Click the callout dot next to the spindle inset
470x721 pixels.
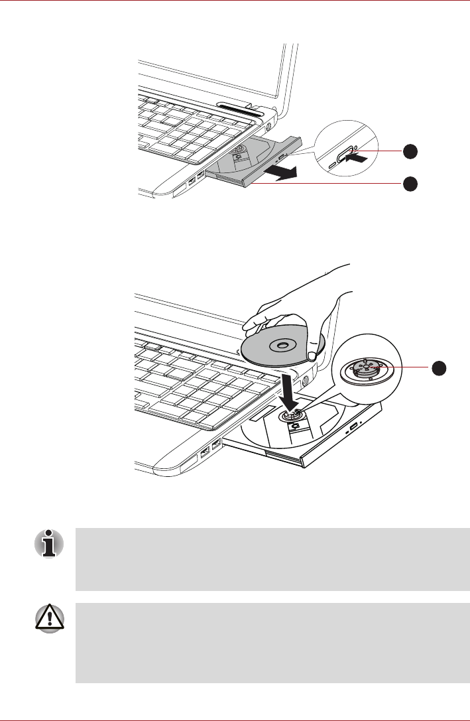(440, 367)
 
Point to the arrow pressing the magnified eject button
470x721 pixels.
(357, 159)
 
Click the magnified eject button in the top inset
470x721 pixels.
(344, 158)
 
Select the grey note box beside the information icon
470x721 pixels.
(272, 559)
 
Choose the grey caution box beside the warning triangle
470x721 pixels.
(272, 643)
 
